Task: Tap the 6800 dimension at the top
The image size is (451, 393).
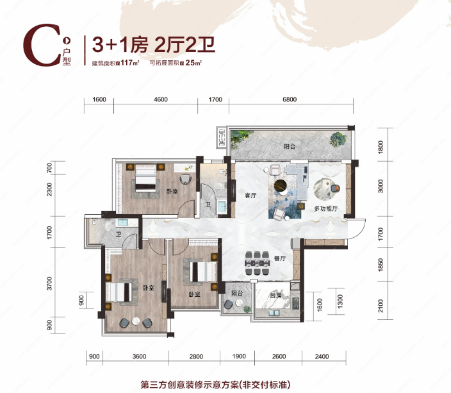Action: pos(290,99)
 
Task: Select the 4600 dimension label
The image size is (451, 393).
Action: pos(161,99)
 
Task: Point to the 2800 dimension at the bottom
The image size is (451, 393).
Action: pos(196,356)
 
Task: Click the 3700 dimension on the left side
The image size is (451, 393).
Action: pos(50,283)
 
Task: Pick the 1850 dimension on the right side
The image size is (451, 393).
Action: pos(381,265)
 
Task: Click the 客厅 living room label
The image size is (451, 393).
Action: pos(250,196)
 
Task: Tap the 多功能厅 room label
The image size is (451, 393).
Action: pos(326,208)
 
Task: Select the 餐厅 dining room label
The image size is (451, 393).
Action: pos(280,258)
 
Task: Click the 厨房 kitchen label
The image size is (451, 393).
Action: pos(275,296)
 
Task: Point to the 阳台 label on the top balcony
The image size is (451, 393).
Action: pos(290,147)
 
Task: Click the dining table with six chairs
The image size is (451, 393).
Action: pos(257,263)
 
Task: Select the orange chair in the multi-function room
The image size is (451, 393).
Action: pos(335,188)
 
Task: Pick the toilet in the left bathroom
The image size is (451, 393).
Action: pos(108,225)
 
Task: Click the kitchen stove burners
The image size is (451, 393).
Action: pos(295,303)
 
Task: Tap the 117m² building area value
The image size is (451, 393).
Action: pos(130,62)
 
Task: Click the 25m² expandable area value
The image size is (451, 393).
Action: pos(193,62)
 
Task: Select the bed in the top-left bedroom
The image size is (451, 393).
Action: pos(145,178)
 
